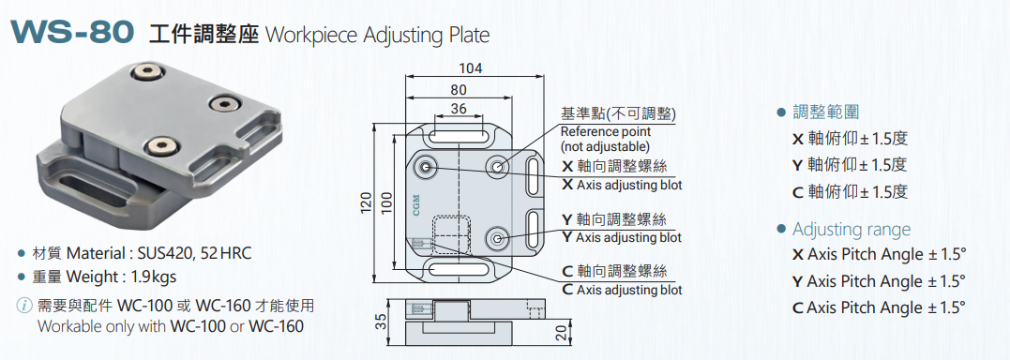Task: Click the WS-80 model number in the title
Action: (x=72, y=32)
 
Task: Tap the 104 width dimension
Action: (x=471, y=68)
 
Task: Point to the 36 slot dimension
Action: (x=459, y=109)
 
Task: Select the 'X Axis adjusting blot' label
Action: (x=622, y=185)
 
